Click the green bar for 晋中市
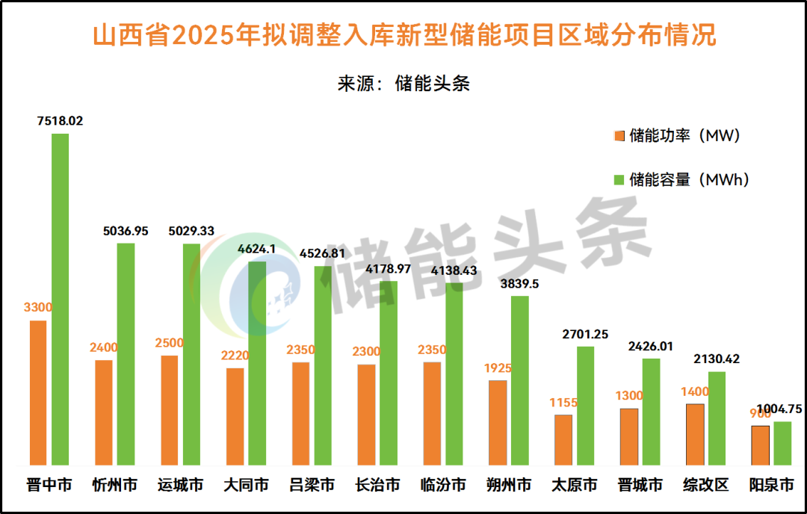pos(60,299)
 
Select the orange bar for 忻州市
pos(104,412)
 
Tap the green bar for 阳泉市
pos(782,443)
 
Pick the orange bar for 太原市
pos(563,439)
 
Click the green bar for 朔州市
pos(520,380)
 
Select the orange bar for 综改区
pos(695,434)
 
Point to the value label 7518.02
pos(60,120)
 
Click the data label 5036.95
pos(126,231)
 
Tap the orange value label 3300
pos(38,307)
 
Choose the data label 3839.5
pos(520,284)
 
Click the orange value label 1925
pos(498,368)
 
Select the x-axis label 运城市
pos(181,486)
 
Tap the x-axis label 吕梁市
pos(312,486)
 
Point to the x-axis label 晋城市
pos(640,486)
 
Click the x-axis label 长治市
pos(377,486)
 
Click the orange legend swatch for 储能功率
pos(619,136)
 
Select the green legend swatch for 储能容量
pos(619,180)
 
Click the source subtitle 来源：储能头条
pos(403,83)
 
